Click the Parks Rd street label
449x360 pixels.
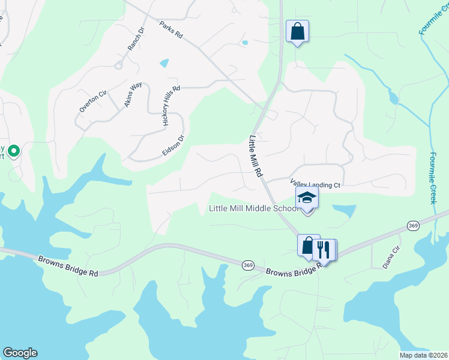(x=171, y=31)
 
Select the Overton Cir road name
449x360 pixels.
(x=93, y=101)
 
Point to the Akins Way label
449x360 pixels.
(x=133, y=95)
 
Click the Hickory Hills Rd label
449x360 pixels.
(x=171, y=105)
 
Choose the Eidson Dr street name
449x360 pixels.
(x=173, y=145)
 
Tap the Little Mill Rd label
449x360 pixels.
(x=255, y=155)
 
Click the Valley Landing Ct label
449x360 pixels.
(x=315, y=185)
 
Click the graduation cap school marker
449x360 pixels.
(x=307, y=198)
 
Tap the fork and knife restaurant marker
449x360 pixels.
(x=325, y=248)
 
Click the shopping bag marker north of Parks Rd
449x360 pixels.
(x=297, y=31)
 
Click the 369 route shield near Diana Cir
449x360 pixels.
(x=412, y=225)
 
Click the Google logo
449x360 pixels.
(x=19, y=353)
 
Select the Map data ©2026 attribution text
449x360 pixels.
(x=423, y=355)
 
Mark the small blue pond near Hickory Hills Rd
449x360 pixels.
(x=164, y=62)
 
